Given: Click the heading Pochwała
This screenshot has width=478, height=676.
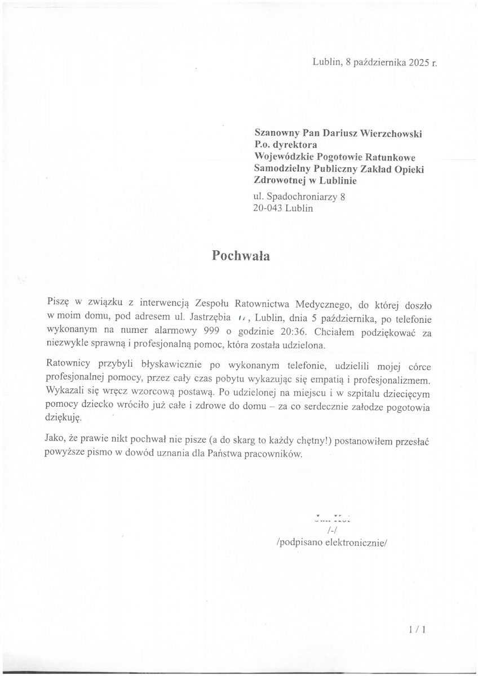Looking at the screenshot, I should pyautogui.click(x=241, y=255).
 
